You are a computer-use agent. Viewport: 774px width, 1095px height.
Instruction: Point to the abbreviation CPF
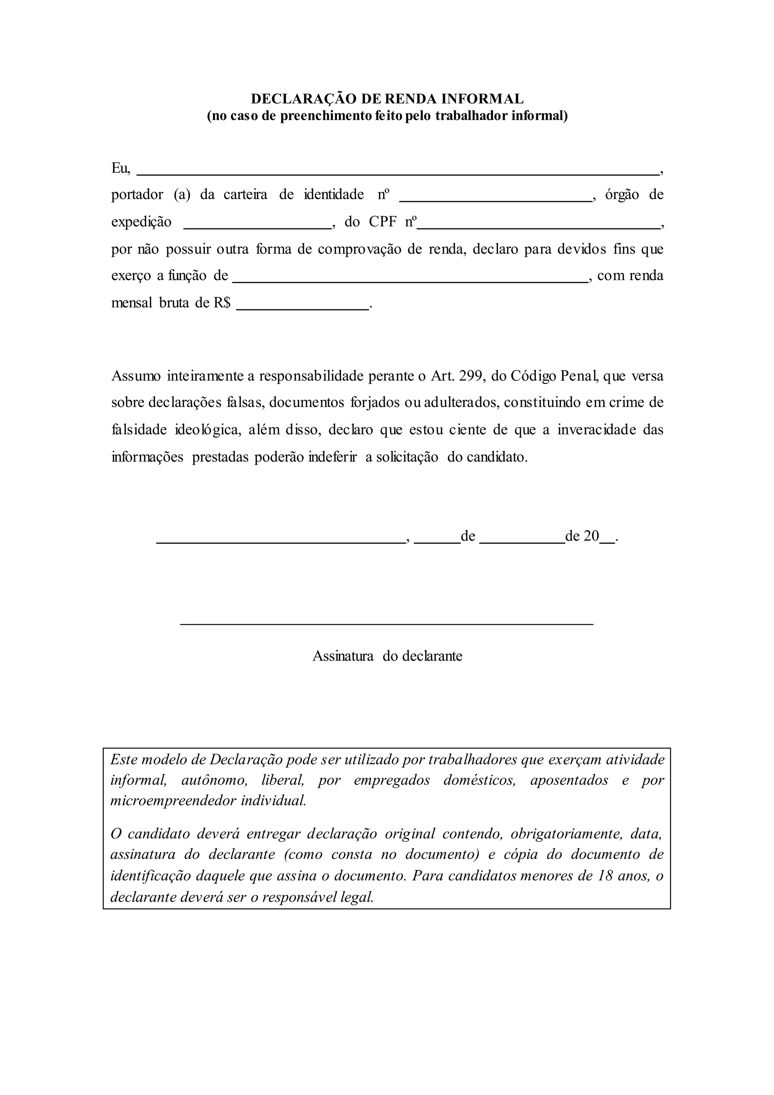click(383, 222)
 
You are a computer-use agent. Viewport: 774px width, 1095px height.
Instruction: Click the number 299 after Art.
click(471, 376)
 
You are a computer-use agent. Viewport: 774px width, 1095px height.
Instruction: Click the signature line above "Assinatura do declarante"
click(387, 623)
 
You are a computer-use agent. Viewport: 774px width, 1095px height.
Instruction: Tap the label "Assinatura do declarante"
click(387, 656)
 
